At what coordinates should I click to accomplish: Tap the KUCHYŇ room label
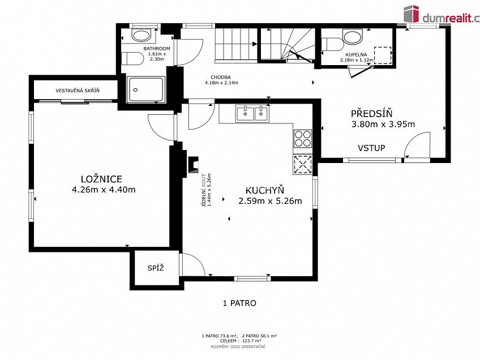point(265,190)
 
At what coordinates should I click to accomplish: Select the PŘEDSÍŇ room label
point(371,114)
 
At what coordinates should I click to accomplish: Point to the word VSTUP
point(371,148)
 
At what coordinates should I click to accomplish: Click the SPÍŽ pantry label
point(156,268)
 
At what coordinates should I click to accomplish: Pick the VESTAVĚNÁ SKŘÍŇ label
point(78,91)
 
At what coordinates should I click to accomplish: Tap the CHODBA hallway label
point(221,78)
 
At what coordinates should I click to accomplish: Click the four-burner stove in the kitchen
point(303,138)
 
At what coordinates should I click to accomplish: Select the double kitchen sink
point(252,114)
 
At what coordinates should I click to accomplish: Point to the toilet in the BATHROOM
point(132,58)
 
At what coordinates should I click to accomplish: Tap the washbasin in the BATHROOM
point(142,35)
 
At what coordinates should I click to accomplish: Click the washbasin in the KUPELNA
point(352,37)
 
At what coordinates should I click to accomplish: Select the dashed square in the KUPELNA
point(383,55)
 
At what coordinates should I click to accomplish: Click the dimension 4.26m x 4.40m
point(104,190)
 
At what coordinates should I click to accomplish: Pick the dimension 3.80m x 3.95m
point(383,125)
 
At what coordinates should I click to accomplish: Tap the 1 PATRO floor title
point(239,303)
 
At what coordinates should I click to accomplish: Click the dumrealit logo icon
point(411,14)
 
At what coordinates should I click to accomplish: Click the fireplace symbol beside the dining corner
point(192,165)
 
